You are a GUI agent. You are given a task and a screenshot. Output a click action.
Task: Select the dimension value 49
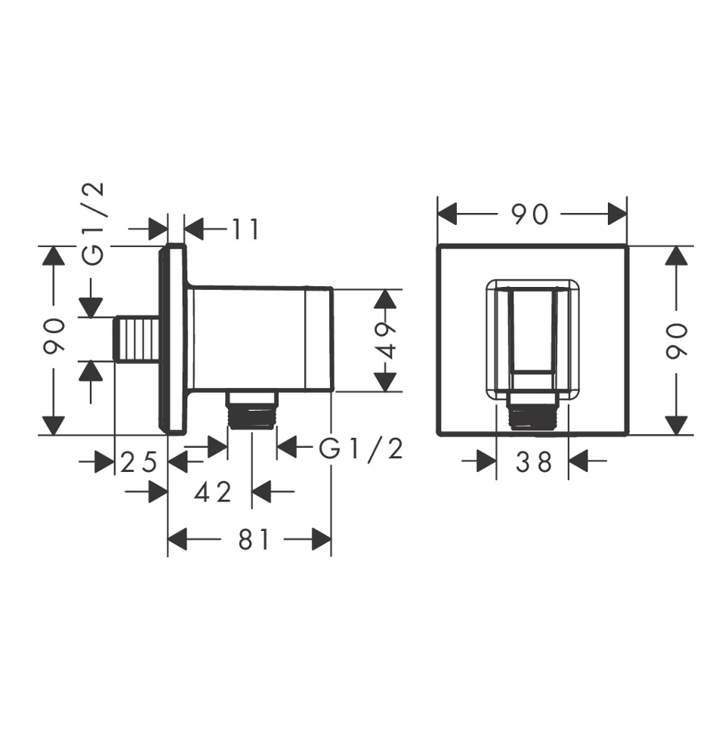coord(385,340)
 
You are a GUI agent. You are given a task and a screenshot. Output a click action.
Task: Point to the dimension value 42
coord(213,492)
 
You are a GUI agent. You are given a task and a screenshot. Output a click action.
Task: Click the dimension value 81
coord(254,540)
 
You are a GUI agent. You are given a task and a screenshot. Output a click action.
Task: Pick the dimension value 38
coord(534,462)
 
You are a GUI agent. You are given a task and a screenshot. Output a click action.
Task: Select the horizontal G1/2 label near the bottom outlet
coord(360,450)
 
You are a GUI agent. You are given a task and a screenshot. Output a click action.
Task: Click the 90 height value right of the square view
coord(677,341)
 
